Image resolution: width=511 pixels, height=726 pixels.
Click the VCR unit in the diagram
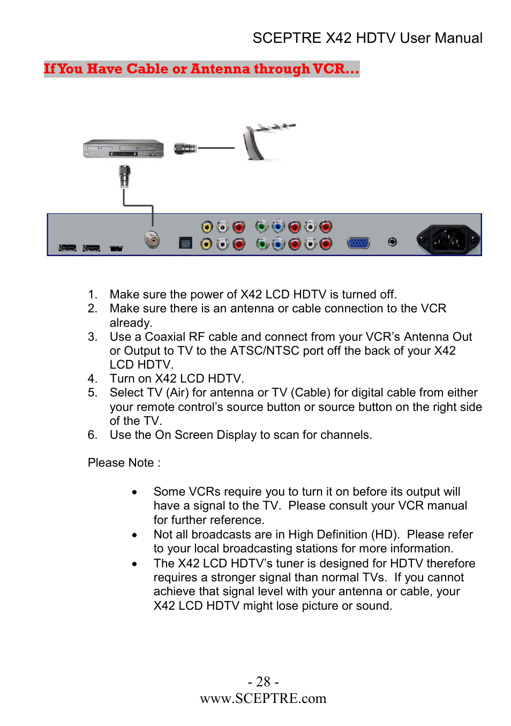coord(123,148)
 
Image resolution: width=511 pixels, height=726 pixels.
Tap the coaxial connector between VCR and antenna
coord(185,148)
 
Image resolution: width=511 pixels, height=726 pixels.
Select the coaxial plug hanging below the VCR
coord(125,176)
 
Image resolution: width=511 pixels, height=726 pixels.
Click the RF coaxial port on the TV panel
coord(153,239)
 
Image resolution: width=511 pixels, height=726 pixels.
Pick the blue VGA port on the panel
coord(358,243)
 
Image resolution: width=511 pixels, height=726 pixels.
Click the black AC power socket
coord(448,239)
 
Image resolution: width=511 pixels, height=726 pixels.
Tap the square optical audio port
coord(185,243)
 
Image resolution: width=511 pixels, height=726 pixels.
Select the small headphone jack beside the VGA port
coord(393,242)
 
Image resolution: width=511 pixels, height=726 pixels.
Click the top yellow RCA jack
coord(207,227)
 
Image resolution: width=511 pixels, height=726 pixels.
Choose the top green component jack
coord(261,227)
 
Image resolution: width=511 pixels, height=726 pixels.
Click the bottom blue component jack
coord(278,244)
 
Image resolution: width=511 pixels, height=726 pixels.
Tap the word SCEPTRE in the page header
coord(287,38)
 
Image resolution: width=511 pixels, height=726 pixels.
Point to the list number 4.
coord(92,379)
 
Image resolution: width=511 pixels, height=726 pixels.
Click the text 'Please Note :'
coord(124,463)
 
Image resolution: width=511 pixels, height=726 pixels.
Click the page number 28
coord(263,682)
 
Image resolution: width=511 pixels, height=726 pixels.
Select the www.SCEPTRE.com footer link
coord(263,699)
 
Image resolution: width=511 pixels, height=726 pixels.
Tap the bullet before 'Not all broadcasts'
coord(134,535)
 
